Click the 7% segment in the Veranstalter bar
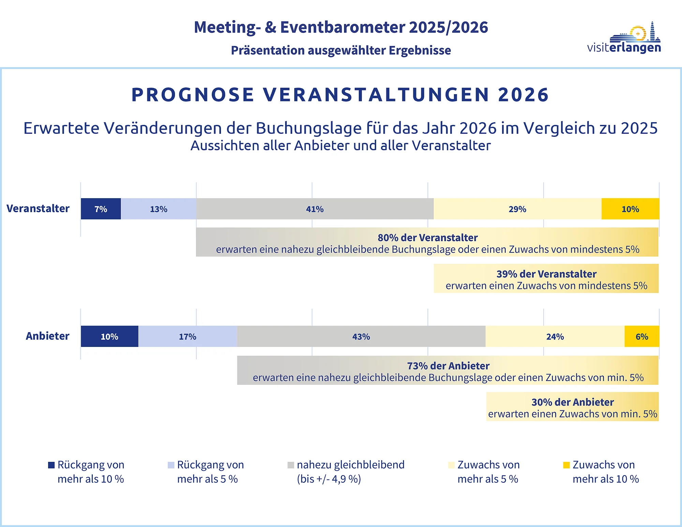[101, 209]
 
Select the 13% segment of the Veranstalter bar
[159, 209]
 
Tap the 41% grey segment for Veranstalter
[315, 209]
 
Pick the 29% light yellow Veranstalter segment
[518, 209]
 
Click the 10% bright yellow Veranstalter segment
[631, 209]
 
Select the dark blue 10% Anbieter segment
[109, 336]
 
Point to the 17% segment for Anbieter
[188, 336]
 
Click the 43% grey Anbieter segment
[361, 336]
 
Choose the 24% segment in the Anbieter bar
[555, 336]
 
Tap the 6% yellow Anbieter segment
[642, 336]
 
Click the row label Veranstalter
[38, 208]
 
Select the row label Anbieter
[47, 336]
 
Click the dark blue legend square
[51, 465]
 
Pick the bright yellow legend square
[566, 465]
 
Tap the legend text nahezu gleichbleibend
[351, 465]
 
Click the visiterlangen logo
[624, 38]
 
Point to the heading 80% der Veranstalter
[428, 237]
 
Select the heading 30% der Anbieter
[573, 402]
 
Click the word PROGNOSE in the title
[193, 94]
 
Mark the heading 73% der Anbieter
[448, 366]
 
